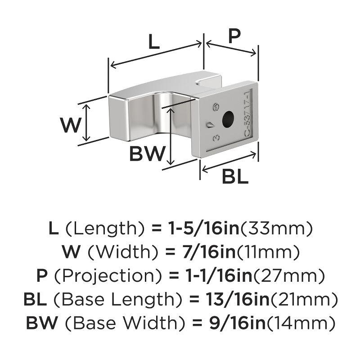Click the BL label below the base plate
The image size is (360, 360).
point(235,177)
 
